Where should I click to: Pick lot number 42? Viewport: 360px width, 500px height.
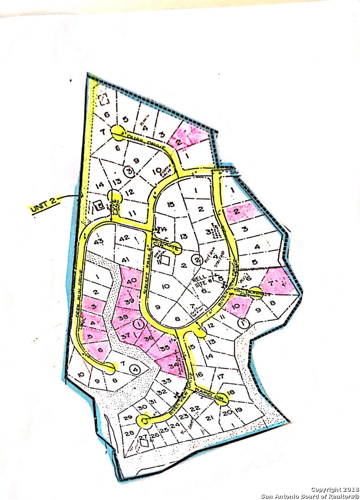tap(124, 238)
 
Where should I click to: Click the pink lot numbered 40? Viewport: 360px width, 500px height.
tap(131, 281)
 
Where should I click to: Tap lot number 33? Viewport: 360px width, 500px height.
tap(166, 381)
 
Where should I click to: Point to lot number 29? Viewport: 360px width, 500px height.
tap(129, 418)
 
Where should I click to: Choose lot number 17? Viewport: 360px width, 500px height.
tap(220, 376)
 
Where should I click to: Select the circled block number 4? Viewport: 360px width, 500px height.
tap(135, 369)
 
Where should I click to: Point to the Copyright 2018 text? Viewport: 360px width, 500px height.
tap(332, 489)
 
